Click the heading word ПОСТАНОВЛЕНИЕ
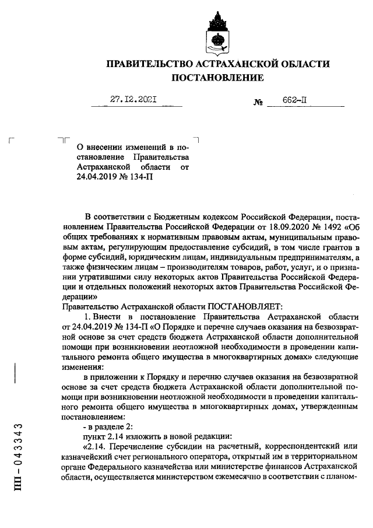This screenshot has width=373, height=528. click(x=217, y=78)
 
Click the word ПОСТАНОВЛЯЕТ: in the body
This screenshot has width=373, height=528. click(x=245, y=305)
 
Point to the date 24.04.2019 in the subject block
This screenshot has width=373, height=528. click(x=99, y=177)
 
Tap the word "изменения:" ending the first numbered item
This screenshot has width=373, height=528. click(x=82, y=368)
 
